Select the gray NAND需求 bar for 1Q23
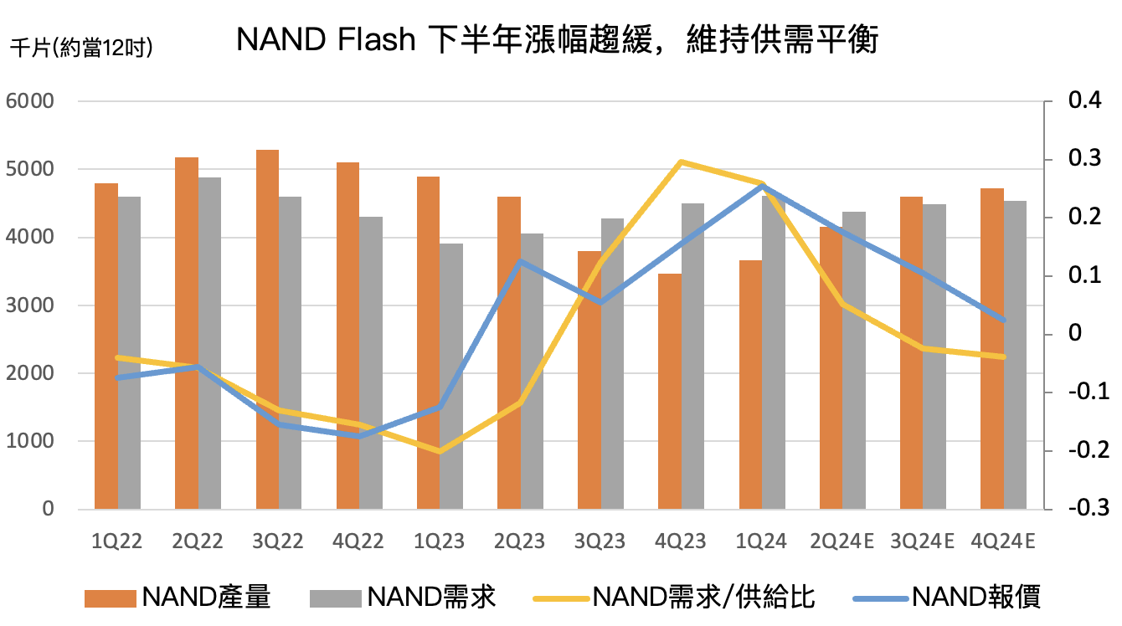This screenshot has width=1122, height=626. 451,376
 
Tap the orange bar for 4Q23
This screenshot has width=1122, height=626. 670,391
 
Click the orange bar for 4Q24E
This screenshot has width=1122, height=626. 991,348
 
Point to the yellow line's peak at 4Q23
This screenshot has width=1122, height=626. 682,161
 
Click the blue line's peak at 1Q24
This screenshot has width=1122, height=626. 762,186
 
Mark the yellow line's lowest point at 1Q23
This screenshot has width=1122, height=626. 440,452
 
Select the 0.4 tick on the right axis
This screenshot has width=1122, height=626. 1086,101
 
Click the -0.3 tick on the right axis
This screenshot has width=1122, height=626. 1086,509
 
